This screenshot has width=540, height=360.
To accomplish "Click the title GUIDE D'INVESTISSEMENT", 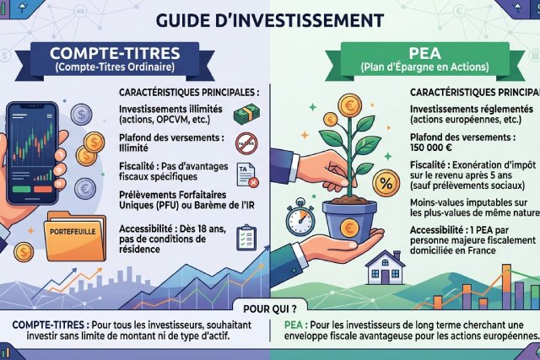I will click(270, 18).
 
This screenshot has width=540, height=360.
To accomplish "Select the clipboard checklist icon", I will click(247, 239).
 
